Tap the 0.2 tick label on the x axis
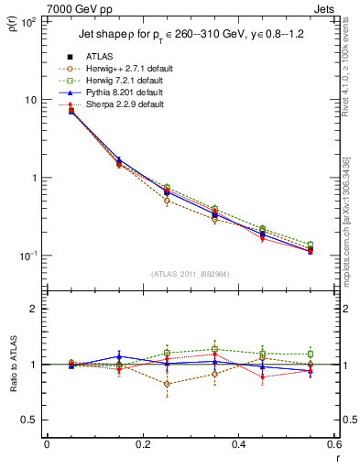point(142,444)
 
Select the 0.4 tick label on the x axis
point(238,444)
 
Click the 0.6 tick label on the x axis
point(333,444)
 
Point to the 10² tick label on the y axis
point(27,21)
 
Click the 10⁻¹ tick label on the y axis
point(27,256)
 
